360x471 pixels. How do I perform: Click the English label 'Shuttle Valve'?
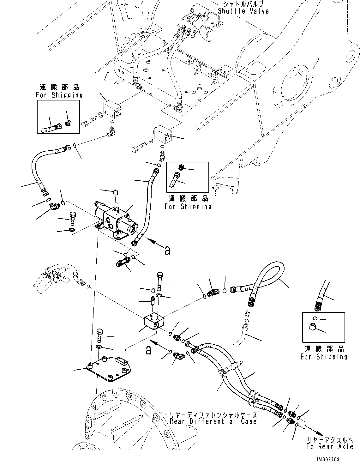coord(243,11)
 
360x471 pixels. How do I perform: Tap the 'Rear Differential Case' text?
coord(213,421)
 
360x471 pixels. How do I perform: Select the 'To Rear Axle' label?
coord(329,446)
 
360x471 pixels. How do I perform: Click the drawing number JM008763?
coord(327,459)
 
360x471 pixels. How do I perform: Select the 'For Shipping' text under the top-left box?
coord(59,95)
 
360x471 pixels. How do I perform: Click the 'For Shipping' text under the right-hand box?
coord(324,357)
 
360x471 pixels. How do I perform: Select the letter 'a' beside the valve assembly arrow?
coord(167,250)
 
